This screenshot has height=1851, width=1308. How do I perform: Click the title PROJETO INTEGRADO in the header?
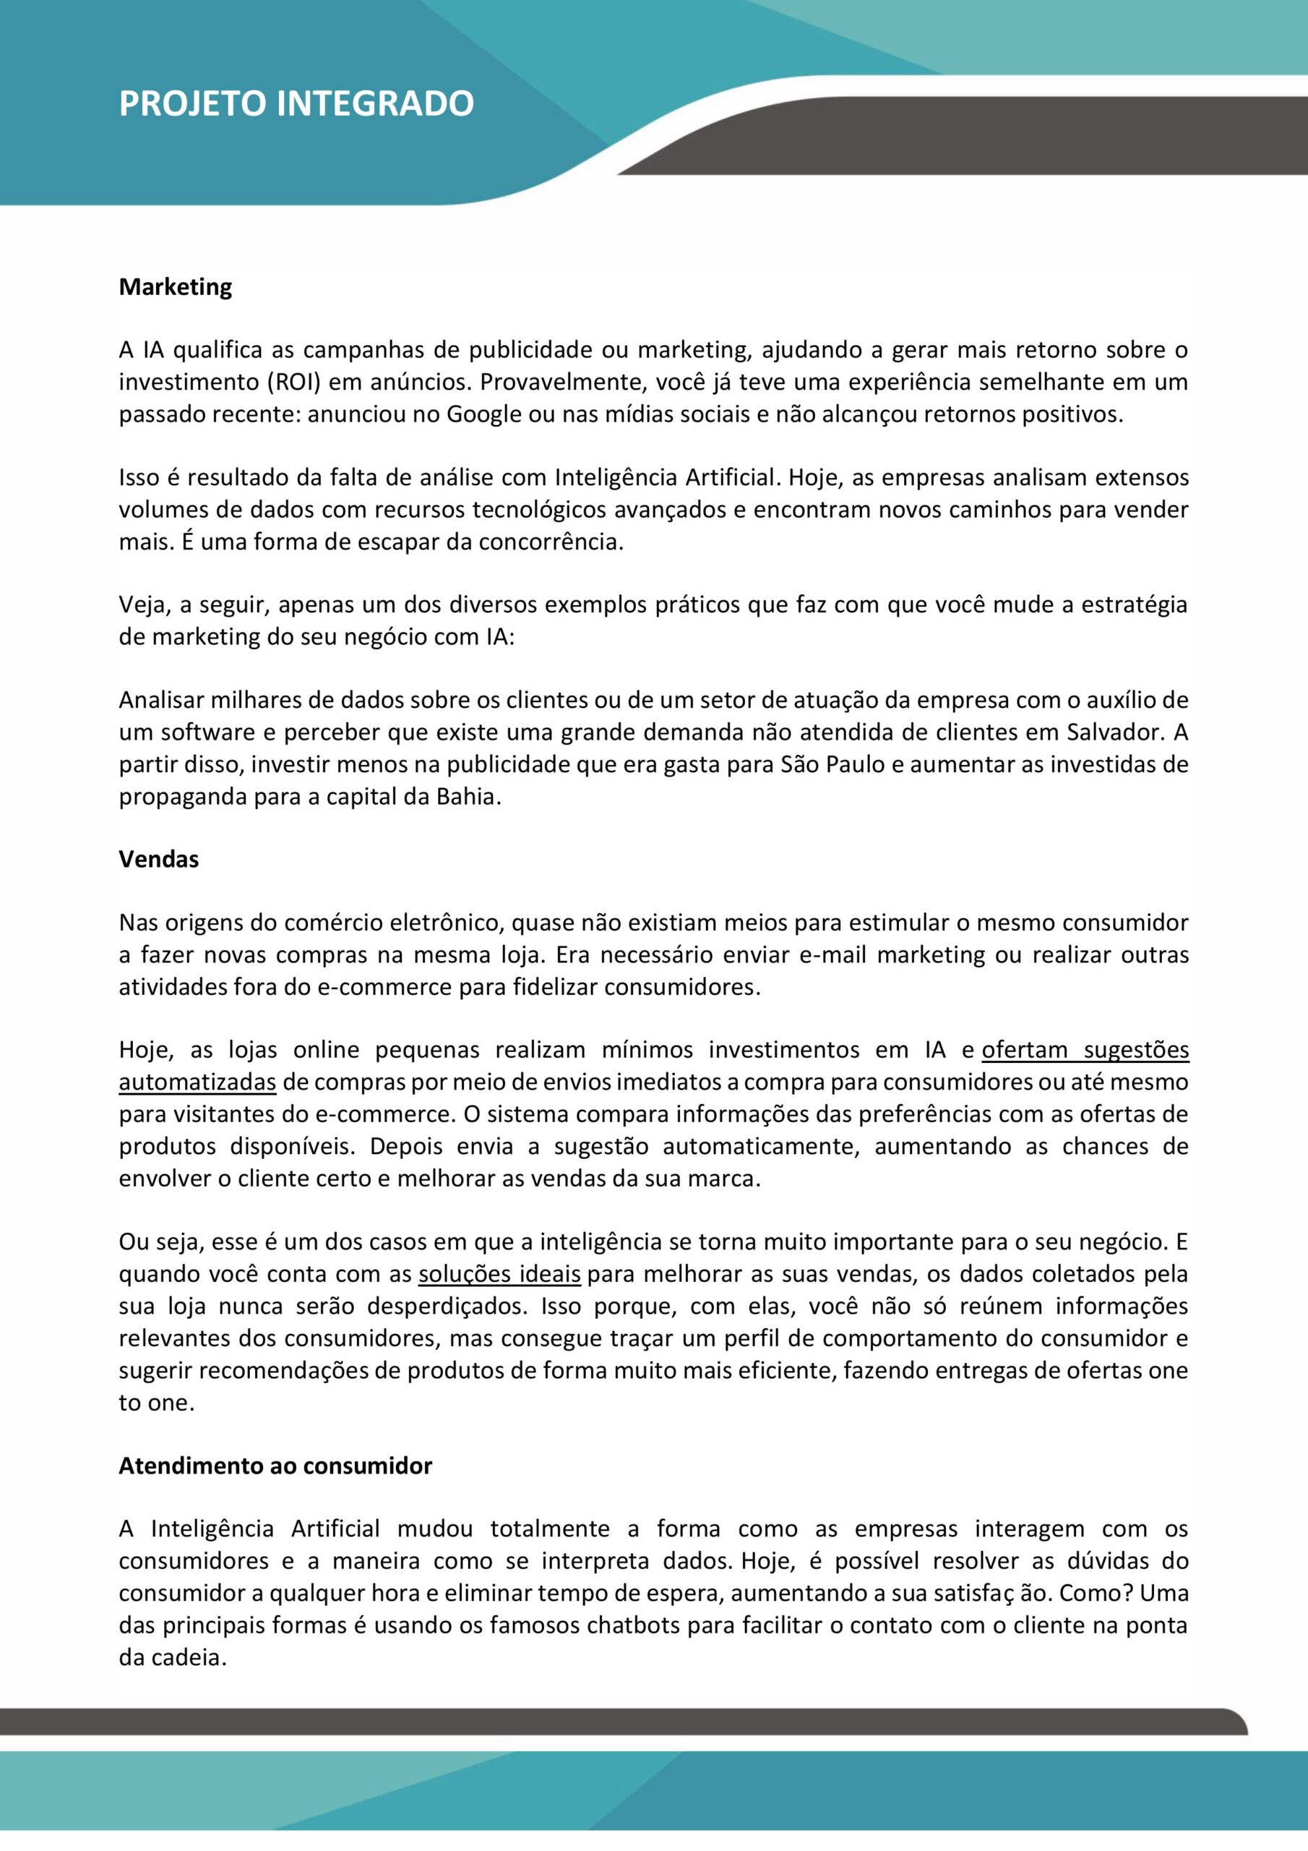[x=296, y=104]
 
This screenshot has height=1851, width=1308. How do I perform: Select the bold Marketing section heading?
[x=175, y=287]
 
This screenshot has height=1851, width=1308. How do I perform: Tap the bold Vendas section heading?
[x=158, y=860]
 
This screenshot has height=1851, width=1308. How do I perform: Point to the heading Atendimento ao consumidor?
[x=275, y=1466]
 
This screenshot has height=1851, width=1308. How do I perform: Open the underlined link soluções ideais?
[x=499, y=1275]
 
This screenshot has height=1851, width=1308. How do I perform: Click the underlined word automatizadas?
[x=197, y=1082]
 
